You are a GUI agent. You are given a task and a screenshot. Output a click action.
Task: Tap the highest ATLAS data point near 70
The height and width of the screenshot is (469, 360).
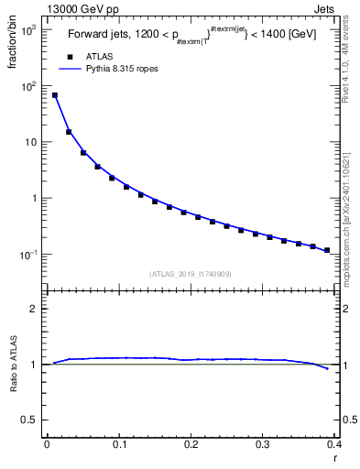[x=55, y=95]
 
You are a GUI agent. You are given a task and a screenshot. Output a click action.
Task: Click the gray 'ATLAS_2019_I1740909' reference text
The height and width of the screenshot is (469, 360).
[x=191, y=274]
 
